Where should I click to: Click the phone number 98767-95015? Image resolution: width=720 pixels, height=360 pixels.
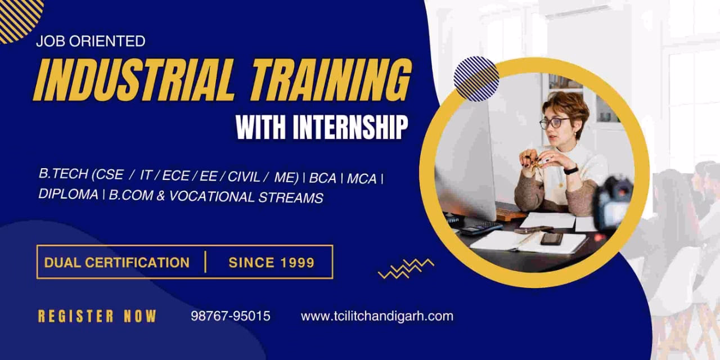tap(231, 316)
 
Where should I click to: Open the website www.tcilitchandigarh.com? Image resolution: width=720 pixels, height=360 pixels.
tap(377, 316)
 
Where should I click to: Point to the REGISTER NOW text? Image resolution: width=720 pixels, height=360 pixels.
tap(97, 316)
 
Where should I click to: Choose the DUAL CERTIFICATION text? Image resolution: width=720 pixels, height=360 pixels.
tap(117, 262)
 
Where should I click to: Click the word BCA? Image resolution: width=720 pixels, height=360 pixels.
tap(322, 178)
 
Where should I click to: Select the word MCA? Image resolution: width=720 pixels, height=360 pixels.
tap(362, 178)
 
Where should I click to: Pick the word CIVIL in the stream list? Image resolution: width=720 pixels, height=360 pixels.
tap(244, 177)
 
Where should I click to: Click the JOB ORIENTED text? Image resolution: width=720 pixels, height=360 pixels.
tap(90, 41)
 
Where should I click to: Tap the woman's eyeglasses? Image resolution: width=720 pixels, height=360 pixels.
tap(554, 123)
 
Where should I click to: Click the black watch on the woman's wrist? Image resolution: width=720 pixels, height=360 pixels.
tap(570, 170)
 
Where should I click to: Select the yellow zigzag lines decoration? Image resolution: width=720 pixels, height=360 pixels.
tap(406, 268)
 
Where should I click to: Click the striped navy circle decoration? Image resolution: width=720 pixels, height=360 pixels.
tap(476, 79)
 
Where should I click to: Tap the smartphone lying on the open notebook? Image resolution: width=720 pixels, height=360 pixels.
tap(551, 238)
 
